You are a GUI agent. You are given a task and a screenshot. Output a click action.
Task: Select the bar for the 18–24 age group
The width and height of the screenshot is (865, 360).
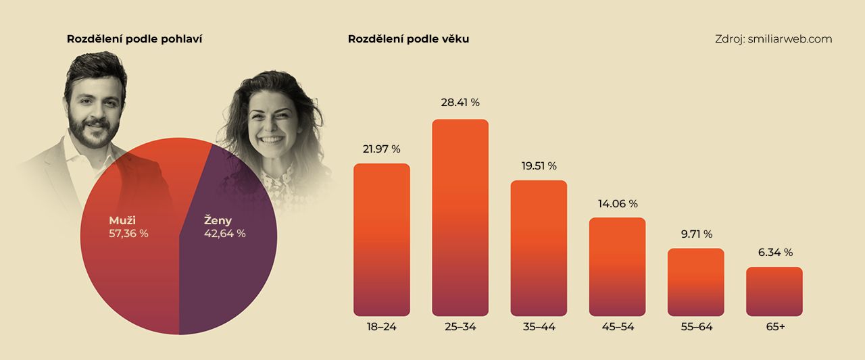[382, 240]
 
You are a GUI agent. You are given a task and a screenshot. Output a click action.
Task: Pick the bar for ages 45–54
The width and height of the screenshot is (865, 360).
[617, 267]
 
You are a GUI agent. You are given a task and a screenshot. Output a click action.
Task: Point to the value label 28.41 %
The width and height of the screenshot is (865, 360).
[460, 103]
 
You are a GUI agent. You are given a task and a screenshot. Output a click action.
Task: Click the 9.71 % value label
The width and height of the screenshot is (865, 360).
[695, 234]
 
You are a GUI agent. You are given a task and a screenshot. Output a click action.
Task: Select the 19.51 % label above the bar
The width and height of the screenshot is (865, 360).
[539, 165]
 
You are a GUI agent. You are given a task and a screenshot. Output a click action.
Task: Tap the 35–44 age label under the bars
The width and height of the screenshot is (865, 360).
[539, 327]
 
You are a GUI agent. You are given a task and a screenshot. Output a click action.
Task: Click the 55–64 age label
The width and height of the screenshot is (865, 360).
[695, 327]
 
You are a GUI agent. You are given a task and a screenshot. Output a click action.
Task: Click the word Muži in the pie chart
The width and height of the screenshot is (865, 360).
[122, 220]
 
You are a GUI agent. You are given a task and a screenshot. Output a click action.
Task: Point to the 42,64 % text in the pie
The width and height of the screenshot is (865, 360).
[224, 234]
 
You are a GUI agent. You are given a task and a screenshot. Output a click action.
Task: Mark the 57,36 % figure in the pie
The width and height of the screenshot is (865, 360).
[128, 234]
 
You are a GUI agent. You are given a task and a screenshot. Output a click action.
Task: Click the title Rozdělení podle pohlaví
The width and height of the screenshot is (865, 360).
[134, 39]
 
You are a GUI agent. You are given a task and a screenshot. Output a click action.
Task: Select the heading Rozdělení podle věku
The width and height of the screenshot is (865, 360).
[408, 39]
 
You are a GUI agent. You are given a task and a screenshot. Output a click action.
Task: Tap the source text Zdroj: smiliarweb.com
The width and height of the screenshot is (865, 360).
[773, 39]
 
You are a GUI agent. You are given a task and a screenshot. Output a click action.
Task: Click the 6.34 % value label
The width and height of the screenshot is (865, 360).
[774, 253]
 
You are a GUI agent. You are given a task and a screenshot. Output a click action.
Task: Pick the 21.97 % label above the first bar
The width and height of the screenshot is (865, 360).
[382, 149]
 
